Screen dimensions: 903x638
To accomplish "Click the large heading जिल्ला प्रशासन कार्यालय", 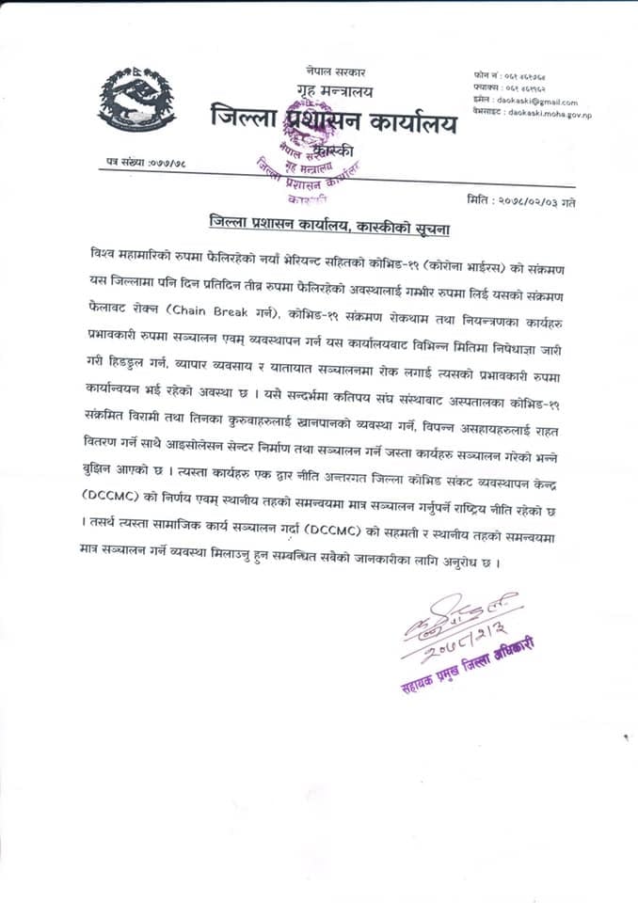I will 332,121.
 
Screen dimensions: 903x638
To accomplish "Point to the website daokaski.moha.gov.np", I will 550,113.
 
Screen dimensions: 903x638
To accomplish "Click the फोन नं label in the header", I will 487,73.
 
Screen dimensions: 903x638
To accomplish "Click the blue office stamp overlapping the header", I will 311,169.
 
